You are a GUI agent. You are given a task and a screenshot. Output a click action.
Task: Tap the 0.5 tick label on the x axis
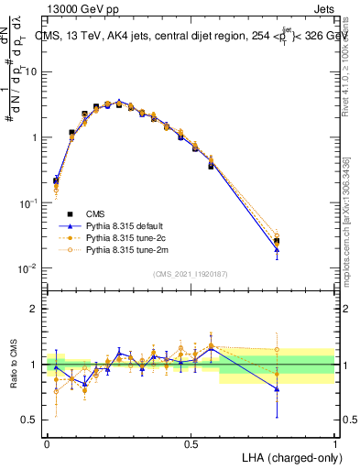click(191, 444)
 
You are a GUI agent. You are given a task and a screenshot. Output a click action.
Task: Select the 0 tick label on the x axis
click(47, 444)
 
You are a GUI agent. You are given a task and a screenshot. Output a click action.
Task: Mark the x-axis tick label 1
click(334, 444)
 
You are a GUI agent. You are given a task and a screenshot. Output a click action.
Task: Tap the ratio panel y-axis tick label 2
click(34, 309)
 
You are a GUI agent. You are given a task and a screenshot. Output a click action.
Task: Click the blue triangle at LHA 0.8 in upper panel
click(277, 249)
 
